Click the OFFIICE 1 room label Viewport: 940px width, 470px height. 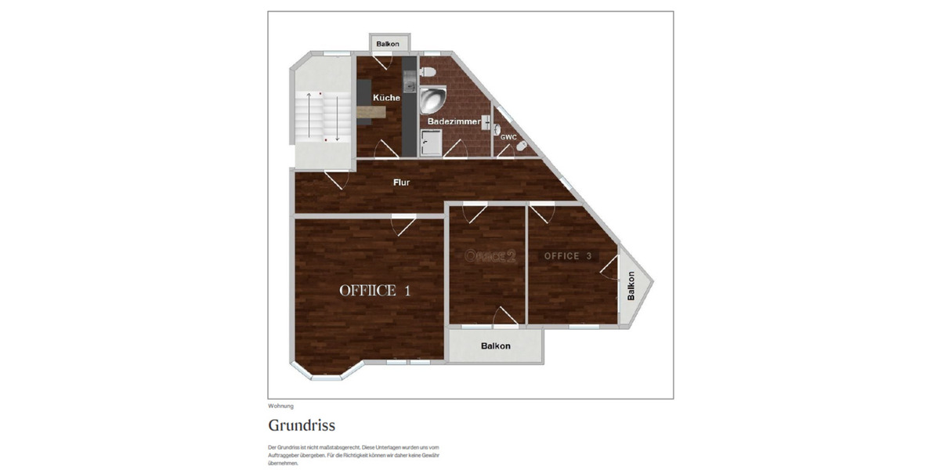[x=374, y=291]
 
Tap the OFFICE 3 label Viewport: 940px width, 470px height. [x=568, y=256]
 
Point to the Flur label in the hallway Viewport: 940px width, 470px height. [x=401, y=183]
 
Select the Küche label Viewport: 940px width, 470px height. [x=386, y=98]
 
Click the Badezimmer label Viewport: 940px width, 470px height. [x=454, y=122]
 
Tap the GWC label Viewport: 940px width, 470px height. [x=508, y=137]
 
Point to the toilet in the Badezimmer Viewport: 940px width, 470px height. [x=427, y=71]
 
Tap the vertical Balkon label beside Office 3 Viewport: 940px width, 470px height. [x=631, y=287]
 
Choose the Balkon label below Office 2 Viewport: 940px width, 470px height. [x=496, y=345]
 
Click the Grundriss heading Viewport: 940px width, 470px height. [x=302, y=425]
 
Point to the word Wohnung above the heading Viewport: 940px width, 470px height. [x=280, y=406]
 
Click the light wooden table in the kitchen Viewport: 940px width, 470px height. [x=371, y=112]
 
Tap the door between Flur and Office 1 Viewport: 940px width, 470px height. [x=404, y=225]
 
